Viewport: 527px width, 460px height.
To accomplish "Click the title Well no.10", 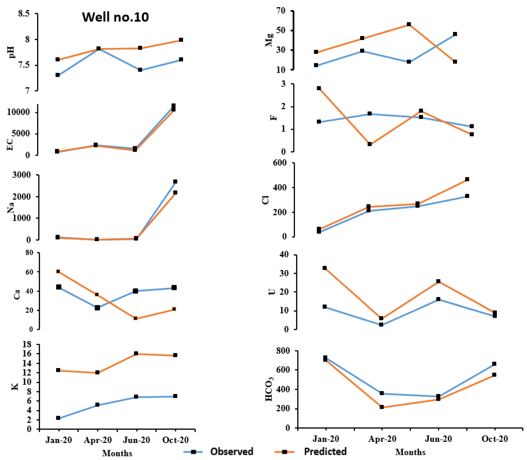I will pyautogui.click(x=115, y=17).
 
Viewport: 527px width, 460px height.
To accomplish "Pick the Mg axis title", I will pyautogui.click(x=269, y=40).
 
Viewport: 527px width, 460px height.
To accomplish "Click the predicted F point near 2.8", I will pyautogui.click(x=319, y=88).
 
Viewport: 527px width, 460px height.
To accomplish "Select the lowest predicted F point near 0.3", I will pyautogui.click(x=370, y=144).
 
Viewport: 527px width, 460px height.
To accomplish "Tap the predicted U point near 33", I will pyautogui.click(x=324, y=268).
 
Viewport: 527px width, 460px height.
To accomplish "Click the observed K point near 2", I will pyautogui.click(x=58, y=418).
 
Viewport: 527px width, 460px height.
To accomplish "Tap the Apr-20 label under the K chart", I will pyautogui.click(x=98, y=440).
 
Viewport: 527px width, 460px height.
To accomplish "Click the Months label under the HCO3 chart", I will pyautogui.click(x=410, y=452).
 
